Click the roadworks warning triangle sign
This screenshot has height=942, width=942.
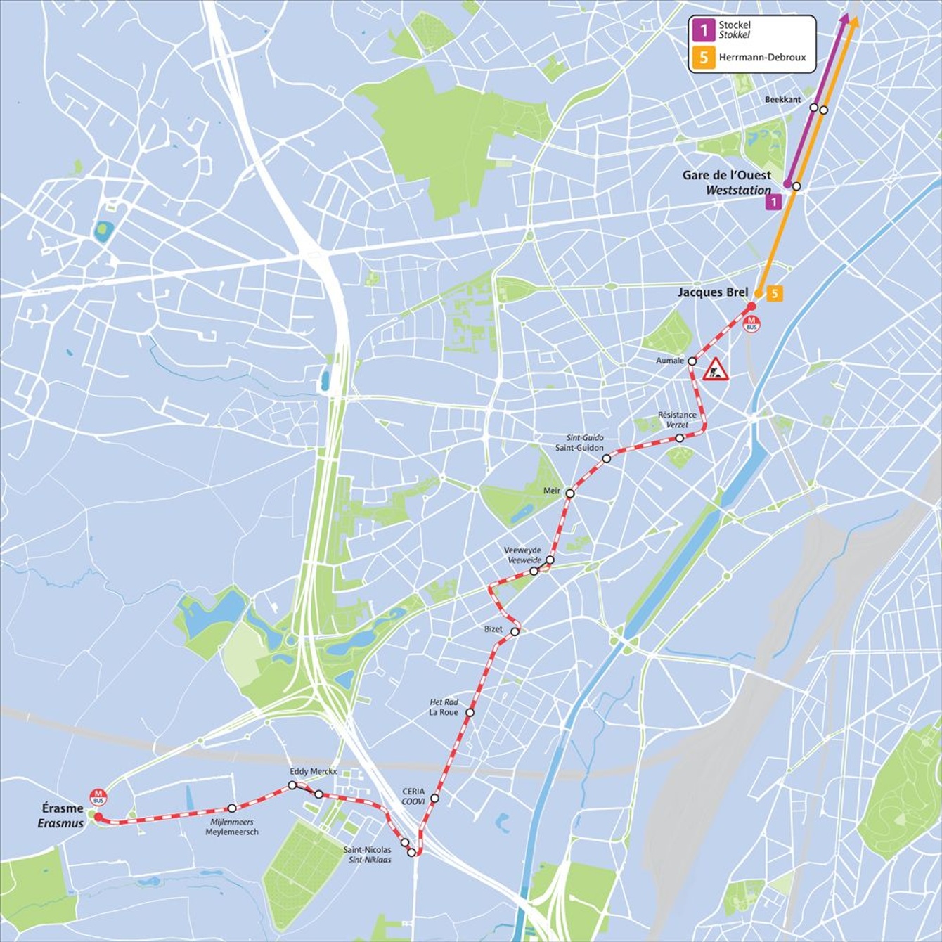pyautogui.click(x=716, y=369)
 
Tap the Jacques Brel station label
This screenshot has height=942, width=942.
pyautogui.click(x=712, y=292)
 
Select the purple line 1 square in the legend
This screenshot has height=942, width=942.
pyautogui.click(x=703, y=30)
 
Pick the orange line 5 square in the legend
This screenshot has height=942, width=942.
pyautogui.click(x=703, y=58)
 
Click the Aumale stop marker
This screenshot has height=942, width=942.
pyautogui.click(x=692, y=361)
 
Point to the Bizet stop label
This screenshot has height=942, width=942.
pyautogui.click(x=493, y=628)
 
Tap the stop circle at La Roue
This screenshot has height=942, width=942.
pyautogui.click(x=470, y=712)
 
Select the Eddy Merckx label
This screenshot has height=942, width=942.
pyautogui.click(x=313, y=771)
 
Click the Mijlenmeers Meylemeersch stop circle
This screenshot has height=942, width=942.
pyautogui.click(x=231, y=808)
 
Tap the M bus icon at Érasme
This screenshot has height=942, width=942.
pyautogui.click(x=98, y=797)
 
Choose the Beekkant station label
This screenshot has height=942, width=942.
pyautogui.click(x=782, y=100)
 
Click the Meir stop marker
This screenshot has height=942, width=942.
pyautogui.click(x=570, y=493)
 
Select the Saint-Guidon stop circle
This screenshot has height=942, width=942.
pyautogui.click(x=606, y=458)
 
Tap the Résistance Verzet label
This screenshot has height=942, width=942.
pyautogui.click(x=677, y=420)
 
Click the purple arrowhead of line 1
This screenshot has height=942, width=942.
pyautogui.click(x=844, y=19)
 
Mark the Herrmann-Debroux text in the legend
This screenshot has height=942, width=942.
pyautogui.click(x=762, y=58)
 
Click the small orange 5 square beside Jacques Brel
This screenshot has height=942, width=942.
pyautogui.click(x=774, y=293)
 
